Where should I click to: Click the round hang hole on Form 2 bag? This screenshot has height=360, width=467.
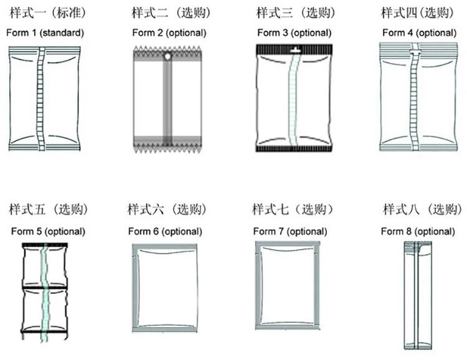[167, 56]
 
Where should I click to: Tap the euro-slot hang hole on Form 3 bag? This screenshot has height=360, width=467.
[295, 50]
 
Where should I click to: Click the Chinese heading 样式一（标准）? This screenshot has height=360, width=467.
[48, 13]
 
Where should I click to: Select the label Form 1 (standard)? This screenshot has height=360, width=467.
[45, 33]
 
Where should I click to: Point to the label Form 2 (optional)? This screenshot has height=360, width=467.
[169, 33]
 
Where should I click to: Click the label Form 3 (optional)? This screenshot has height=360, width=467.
[295, 33]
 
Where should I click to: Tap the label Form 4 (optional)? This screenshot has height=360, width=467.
[419, 33]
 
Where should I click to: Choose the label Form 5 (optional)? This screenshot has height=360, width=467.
[48, 231]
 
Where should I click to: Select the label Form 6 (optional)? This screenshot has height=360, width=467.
[165, 231]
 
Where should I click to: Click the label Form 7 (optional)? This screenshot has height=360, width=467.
[290, 231]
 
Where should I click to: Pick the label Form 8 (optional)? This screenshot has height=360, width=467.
[418, 231]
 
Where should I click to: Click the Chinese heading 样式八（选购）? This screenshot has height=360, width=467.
[423, 209]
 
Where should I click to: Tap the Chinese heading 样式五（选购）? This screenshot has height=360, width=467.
[49, 209]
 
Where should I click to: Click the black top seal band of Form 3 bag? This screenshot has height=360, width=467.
[295, 49]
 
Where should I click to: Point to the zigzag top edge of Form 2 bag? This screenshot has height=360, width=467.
[167, 49]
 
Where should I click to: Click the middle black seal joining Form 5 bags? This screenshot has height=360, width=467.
[45, 288]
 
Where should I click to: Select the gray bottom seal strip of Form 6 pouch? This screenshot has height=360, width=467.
[165, 329]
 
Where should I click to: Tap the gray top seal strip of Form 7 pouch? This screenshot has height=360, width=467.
[288, 244]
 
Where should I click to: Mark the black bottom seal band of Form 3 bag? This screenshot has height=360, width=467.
[294, 149]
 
